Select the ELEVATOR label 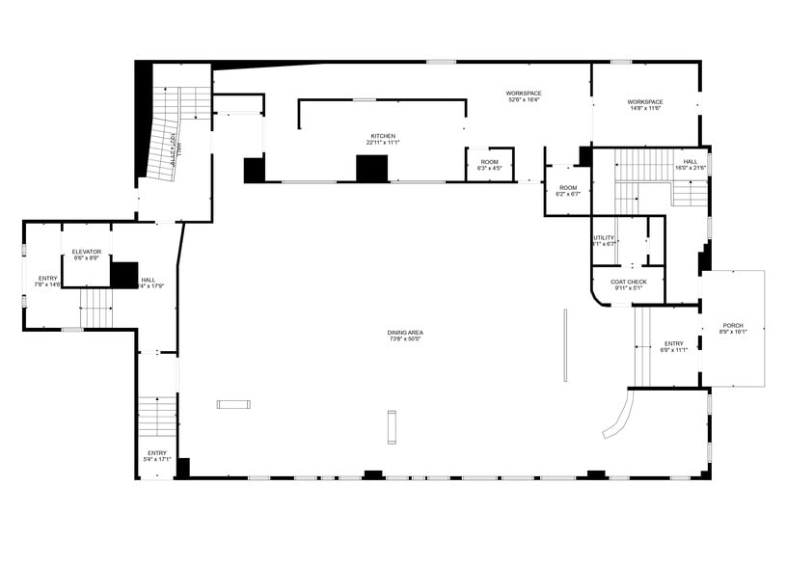(x=86, y=255)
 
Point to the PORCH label (x=733, y=328)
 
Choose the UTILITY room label (x=604, y=240)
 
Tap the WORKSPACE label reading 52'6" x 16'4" (x=523, y=96)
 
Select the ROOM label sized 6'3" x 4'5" (x=489, y=164)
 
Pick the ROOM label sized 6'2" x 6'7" (x=567, y=190)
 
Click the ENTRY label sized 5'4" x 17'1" (x=157, y=455)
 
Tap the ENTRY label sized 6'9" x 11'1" (x=673, y=346)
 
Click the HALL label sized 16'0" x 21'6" (x=691, y=164)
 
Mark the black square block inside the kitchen (x=371, y=168)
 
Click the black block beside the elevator (x=124, y=275)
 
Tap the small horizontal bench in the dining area (x=233, y=404)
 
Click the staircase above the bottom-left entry (x=157, y=417)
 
